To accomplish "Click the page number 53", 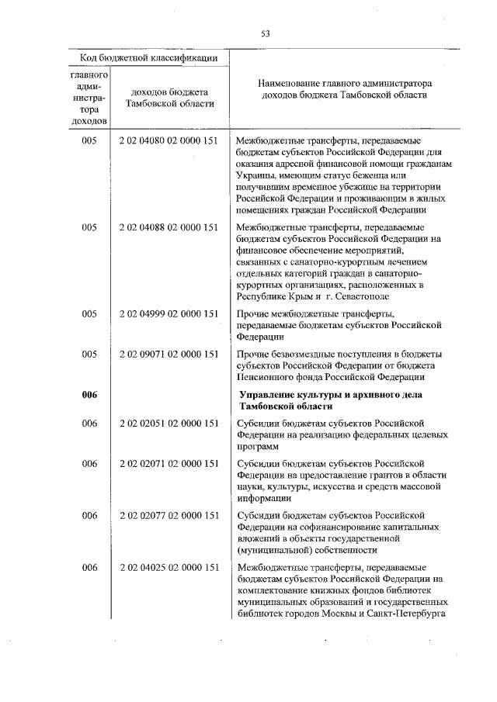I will (x=265, y=33).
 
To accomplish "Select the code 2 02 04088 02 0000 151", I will (x=169, y=227).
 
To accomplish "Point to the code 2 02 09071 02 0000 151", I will (x=169, y=354).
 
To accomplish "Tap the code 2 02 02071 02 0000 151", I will (x=169, y=463).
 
